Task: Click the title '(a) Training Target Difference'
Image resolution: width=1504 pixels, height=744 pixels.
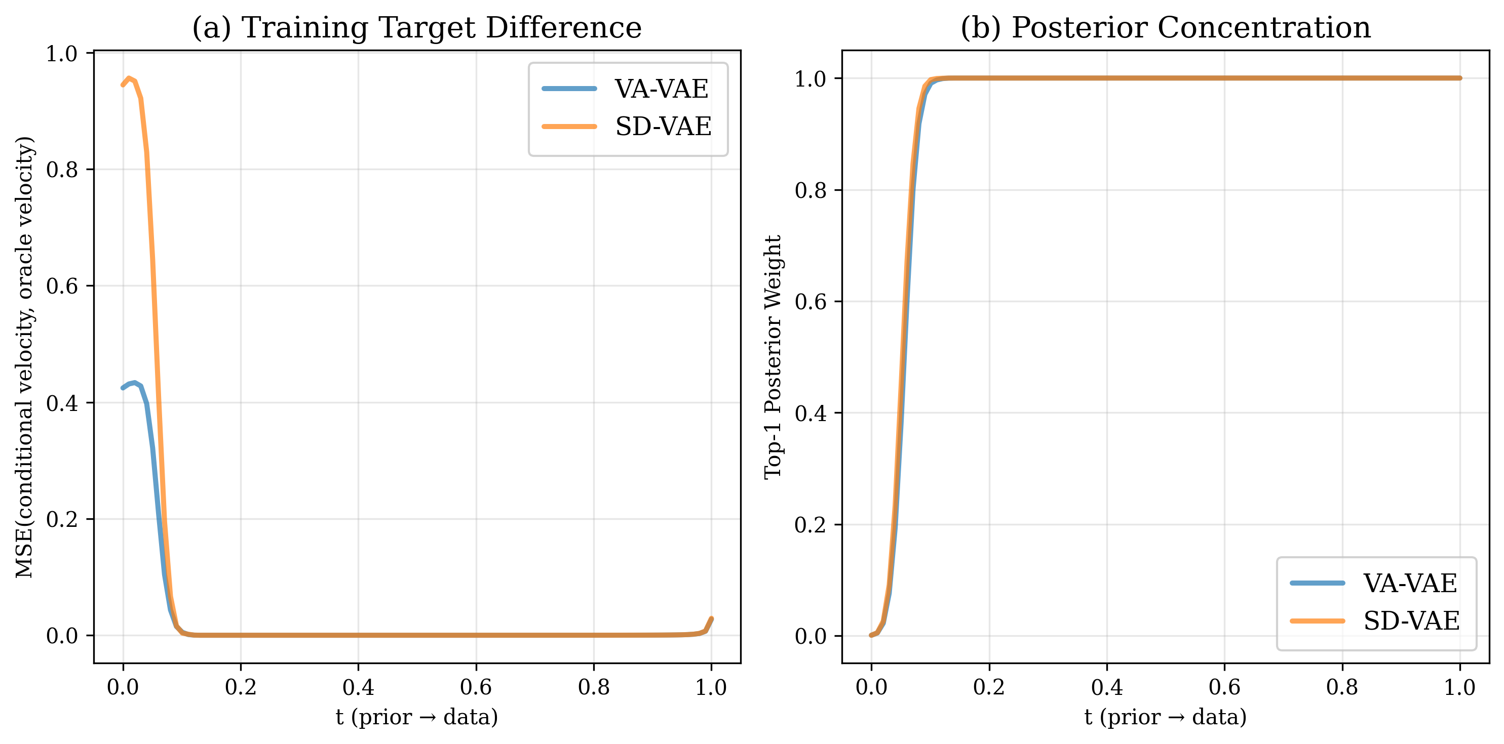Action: point(417,27)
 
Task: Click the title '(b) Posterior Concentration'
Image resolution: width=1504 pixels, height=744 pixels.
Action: point(1166,27)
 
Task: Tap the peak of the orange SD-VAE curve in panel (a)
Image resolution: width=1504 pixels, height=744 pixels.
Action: point(129,78)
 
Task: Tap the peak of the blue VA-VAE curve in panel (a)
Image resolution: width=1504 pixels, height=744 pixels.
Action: point(135,383)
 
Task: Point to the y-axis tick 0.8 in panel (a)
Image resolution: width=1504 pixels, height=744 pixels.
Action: point(62,170)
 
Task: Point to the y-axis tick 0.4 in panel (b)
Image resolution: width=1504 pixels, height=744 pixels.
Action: point(811,413)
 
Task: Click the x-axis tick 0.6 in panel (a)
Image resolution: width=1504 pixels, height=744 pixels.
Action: point(476,687)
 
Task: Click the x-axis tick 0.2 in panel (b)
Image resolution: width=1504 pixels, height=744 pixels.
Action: point(989,687)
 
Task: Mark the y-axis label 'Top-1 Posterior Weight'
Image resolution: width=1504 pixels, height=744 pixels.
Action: point(773,357)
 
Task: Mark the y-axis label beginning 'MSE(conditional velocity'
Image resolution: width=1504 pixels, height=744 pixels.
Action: point(24,357)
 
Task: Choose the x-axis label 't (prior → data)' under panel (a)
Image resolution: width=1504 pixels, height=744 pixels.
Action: point(417,717)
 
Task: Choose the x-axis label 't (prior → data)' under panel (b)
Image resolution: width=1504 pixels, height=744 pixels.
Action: point(1166,717)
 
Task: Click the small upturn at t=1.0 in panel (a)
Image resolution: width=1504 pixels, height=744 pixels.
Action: point(711,619)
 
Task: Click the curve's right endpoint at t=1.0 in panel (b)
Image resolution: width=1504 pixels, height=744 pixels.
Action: point(1459,78)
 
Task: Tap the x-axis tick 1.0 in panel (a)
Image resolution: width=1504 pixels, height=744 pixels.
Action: point(711,687)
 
